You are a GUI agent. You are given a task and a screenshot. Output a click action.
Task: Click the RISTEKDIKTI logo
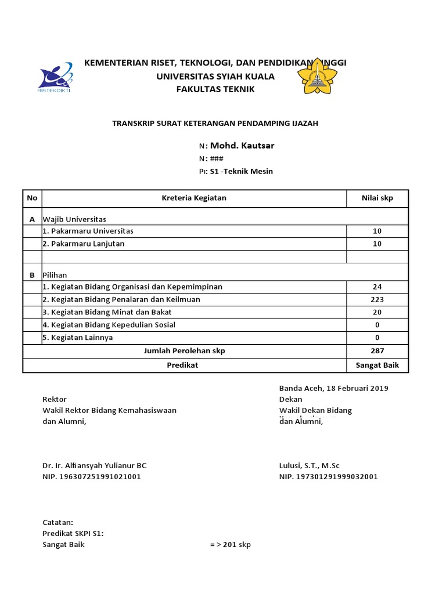point(55,77)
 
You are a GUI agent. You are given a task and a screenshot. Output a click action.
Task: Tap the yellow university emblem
point(317,79)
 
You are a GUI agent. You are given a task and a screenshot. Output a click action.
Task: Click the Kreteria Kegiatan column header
point(194,198)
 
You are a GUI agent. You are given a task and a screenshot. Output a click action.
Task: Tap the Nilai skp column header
point(377,198)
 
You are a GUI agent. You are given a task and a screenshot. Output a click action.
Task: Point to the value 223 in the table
point(377,299)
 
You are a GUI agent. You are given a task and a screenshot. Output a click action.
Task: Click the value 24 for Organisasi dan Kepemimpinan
point(377,287)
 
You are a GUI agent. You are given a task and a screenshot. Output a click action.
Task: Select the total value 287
point(377,351)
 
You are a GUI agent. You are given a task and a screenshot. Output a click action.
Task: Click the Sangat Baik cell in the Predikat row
point(377,365)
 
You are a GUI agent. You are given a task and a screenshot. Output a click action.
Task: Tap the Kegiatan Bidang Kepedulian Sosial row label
point(109,325)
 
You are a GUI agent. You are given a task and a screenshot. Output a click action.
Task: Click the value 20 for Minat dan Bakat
point(377,312)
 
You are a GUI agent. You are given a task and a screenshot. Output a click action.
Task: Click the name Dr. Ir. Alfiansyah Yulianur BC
point(95,465)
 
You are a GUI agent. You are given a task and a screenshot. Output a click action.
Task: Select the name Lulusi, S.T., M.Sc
point(309,465)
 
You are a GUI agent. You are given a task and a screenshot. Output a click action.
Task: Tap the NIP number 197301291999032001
point(328,477)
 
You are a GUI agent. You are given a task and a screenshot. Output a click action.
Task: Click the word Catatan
point(58,522)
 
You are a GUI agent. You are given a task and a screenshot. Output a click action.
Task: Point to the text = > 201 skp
point(230,545)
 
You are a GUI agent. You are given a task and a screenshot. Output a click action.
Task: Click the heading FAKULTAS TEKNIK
point(215,89)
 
